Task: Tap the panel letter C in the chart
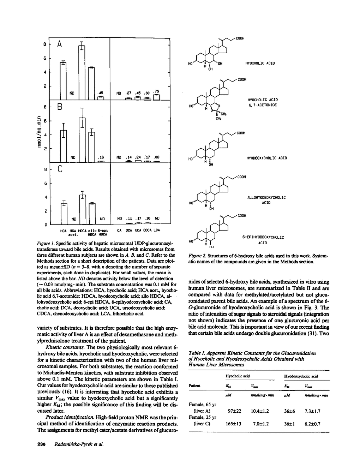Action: pos(60,170)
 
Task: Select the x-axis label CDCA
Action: pos(148,230)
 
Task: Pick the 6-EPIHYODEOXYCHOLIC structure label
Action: pos(263,238)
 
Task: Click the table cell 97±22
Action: pos(233,411)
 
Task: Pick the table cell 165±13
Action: pos(233,424)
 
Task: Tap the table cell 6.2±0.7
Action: pos(312,424)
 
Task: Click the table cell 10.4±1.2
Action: pos(260,411)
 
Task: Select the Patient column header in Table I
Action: pos(195,386)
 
